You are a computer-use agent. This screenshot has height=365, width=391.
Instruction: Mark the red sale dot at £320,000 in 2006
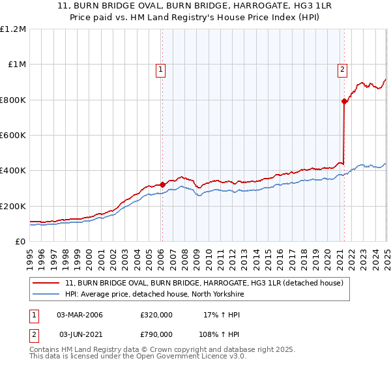[x=163, y=184]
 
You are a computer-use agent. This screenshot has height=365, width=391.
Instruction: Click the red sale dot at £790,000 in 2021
[x=343, y=101]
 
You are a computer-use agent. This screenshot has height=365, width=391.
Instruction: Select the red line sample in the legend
[x=46, y=283]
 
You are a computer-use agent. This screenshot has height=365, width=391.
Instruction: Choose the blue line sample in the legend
[x=46, y=294]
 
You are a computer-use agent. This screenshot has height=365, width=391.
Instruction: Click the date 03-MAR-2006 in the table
[x=80, y=315]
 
